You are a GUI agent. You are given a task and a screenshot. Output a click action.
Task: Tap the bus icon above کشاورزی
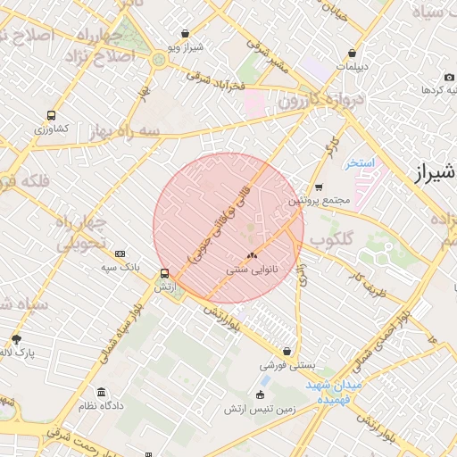point(51,115)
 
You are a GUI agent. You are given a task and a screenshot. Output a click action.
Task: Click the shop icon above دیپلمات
point(353,53)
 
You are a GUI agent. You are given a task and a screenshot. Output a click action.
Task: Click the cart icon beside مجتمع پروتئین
point(319,187)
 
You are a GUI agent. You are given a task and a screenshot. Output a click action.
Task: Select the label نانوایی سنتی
point(251,268)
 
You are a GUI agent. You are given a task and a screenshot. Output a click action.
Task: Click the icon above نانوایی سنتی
point(251,254)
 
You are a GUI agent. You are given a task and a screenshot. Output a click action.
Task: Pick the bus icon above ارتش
point(163,273)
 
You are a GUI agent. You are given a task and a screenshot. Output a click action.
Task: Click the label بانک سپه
point(120,267)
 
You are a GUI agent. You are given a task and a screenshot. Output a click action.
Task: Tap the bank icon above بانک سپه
point(120,253)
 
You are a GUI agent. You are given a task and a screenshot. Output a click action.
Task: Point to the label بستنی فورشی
point(285,365)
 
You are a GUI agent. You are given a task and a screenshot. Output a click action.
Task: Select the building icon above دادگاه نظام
point(101,392)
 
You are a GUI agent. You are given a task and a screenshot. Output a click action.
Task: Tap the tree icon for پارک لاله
point(16,338)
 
